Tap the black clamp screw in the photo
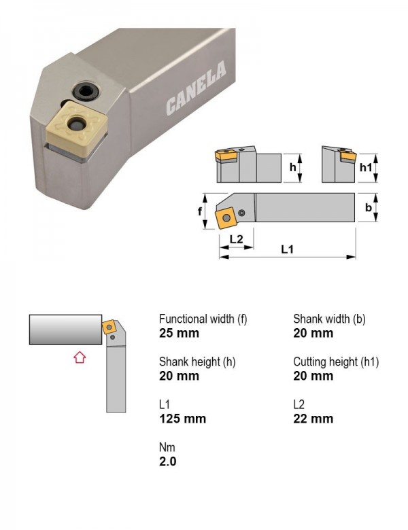(86, 90)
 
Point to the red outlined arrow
(80, 357)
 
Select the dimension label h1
(366, 167)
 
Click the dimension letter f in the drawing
(200, 211)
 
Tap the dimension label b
(369, 207)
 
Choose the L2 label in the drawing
(237, 239)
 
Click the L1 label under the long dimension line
(287, 249)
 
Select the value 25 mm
(179, 333)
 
